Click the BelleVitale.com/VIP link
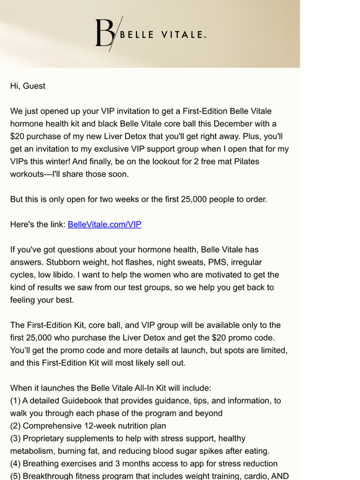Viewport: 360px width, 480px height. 104,224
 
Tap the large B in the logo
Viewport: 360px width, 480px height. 104,33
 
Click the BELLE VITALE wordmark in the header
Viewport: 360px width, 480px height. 161,35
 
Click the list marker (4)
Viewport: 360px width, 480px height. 17,464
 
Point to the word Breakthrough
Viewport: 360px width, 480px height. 54,476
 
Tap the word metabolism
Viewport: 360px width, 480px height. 35,451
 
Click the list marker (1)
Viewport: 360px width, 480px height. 17,401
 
